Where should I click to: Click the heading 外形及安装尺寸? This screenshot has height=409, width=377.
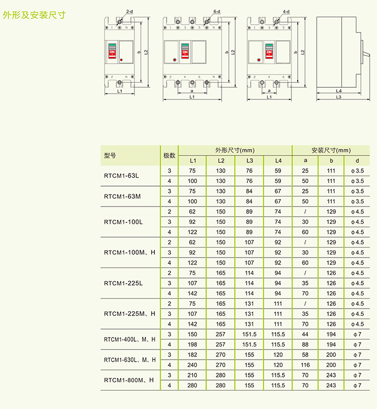pos(34,15)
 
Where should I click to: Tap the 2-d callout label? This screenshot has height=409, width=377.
pos(130,12)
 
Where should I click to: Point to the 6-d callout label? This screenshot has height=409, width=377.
pos(217,12)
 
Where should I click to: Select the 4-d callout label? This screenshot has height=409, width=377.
pos(286,12)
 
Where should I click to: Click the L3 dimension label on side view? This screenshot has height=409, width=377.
pos(339,97)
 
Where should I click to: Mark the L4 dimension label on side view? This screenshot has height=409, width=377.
pos(339,91)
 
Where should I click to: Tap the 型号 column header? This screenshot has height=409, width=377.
pos(110,156)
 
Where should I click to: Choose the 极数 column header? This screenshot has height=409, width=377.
pos(170,156)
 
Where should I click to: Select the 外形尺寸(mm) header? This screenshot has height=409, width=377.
pos(235,150)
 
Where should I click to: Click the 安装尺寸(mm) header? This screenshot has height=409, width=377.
pos(331,150)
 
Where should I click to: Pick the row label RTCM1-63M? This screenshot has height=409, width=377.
pos(122,197)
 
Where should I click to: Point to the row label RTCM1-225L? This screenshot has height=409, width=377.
pos(123,283)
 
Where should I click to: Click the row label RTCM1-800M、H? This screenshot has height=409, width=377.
pos(129,380)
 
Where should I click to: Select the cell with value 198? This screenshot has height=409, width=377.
pos(192,344)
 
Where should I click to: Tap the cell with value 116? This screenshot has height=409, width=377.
pos(305,365)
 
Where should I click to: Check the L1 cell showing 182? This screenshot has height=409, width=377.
pos(192,355)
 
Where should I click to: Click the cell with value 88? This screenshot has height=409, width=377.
pos(305,344)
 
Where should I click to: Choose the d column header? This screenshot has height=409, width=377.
pos(357,161)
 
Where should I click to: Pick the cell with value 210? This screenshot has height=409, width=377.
pos(192,375)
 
